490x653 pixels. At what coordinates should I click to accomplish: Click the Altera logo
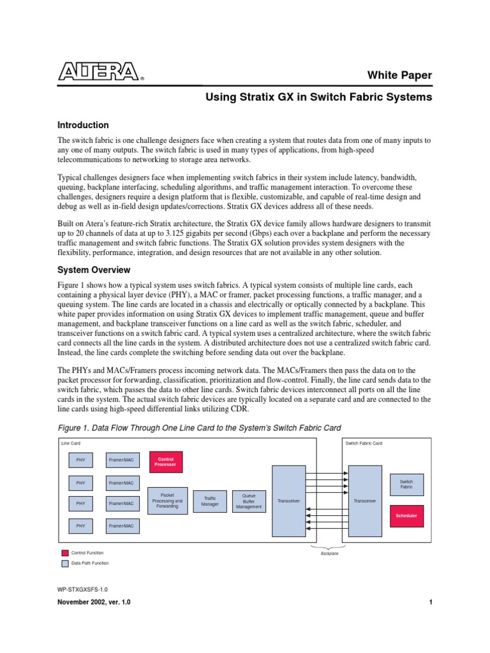(99, 72)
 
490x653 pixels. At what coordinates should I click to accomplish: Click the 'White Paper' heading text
(399, 75)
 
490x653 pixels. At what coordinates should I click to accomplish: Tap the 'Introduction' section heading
(83, 125)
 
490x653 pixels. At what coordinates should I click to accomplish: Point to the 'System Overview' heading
(94, 270)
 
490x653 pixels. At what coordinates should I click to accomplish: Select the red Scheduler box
(406, 515)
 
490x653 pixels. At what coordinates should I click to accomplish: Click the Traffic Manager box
(210, 501)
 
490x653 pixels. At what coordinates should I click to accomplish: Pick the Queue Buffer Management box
(248, 501)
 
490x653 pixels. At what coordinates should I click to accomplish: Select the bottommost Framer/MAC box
(121, 525)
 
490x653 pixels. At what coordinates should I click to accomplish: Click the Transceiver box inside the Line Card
(289, 501)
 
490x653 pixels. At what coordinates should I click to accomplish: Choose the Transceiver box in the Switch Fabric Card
(365, 501)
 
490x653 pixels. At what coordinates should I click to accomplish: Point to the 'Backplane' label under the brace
(329, 554)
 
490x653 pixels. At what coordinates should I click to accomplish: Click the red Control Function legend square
(64, 553)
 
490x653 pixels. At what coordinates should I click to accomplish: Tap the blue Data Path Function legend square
(64, 563)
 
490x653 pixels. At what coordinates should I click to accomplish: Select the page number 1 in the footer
(431, 603)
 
